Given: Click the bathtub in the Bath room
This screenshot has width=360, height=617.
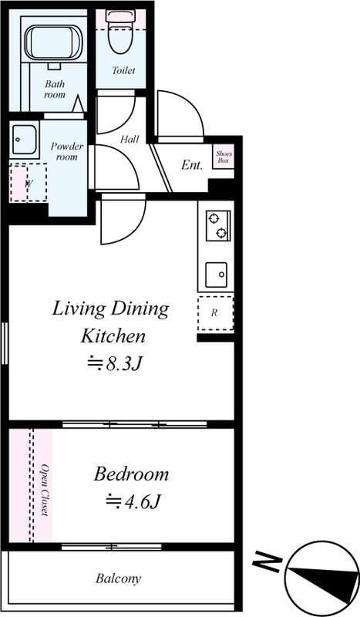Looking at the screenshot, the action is coord(54,42).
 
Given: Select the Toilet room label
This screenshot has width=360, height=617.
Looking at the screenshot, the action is coord(123,70).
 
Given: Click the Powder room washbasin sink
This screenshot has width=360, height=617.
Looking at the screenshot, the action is coord(25,140).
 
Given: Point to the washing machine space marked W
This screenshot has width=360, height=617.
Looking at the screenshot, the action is coord(29,183).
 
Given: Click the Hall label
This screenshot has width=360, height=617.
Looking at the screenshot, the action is coord(130,139).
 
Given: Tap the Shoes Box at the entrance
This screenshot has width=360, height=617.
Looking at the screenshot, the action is coord(224,157).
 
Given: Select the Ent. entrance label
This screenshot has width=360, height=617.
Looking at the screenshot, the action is coord(192,165).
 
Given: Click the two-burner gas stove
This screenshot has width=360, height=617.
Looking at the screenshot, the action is coord(218,225).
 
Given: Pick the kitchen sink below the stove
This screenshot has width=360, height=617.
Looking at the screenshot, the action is coord(216,275).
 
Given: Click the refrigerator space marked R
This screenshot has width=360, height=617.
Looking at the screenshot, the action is coord(215,314).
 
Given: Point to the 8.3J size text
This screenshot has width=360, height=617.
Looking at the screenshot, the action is coord(114,363).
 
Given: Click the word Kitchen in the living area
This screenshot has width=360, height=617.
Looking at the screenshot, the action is coord(113,336).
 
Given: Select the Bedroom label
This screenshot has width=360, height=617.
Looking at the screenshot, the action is coord(131,474).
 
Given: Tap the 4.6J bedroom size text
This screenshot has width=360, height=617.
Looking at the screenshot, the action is coord(133,501).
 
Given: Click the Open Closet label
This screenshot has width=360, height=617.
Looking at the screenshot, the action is coord(45,490).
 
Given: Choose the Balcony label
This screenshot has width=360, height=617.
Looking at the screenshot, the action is coord(118,579).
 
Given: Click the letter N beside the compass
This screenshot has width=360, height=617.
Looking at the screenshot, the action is coord(267,562).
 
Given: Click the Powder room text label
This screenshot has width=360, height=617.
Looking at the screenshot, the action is coord(67,151).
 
